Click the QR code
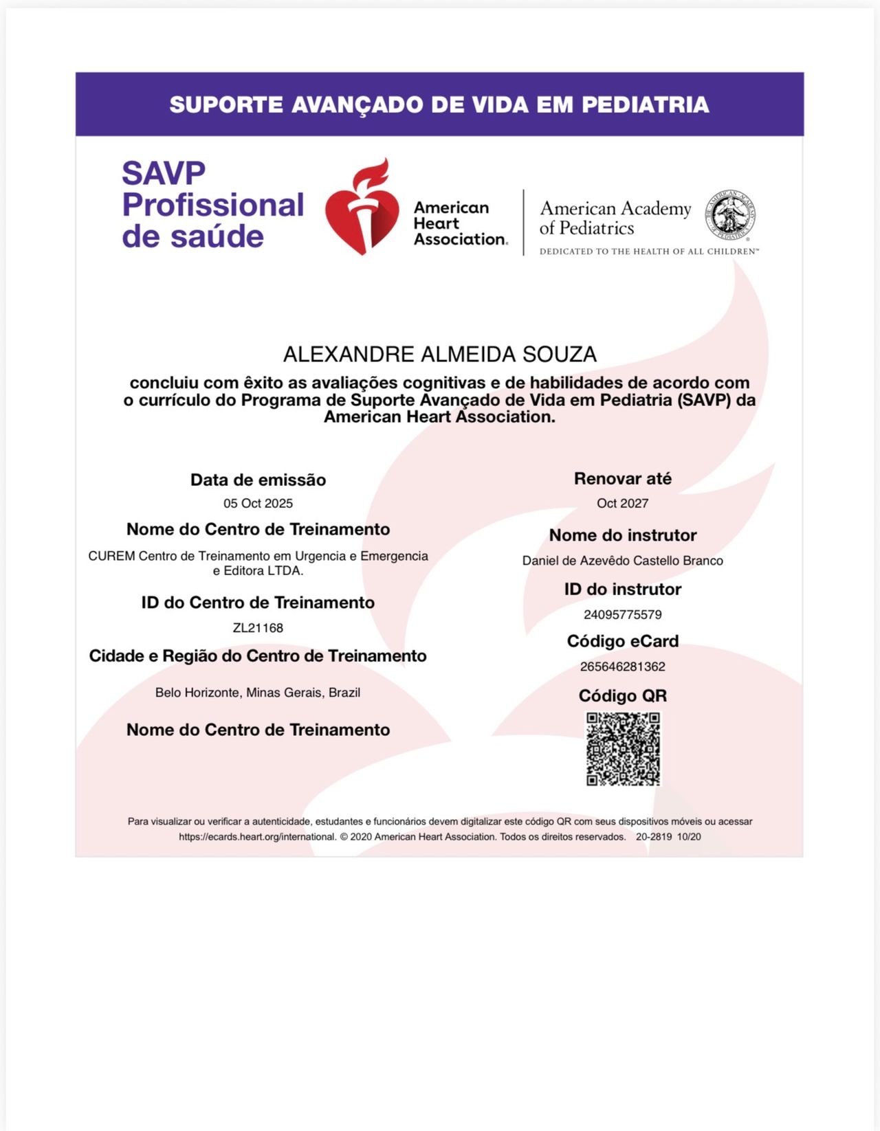tap(623, 748)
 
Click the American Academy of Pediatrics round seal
tap(731, 215)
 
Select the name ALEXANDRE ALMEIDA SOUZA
tap(440, 355)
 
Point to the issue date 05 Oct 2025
tap(258, 504)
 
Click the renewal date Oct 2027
tap(622, 504)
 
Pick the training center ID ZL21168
tap(258, 628)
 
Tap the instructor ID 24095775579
tap(622, 615)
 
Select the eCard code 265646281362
tap(622, 667)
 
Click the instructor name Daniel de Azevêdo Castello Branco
tap(622, 561)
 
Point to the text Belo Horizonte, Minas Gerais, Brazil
tap(258, 693)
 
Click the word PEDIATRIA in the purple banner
tap(645, 105)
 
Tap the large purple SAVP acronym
tap(164, 173)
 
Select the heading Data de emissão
tap(258, 480)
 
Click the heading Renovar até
tap(622, 479)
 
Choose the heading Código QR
tap(622, 696)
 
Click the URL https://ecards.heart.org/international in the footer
tap(257, 837)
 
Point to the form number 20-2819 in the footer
tap(654, 837)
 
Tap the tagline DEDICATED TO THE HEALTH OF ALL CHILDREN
tap(649, 251)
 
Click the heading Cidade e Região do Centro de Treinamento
tap(258, 656)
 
